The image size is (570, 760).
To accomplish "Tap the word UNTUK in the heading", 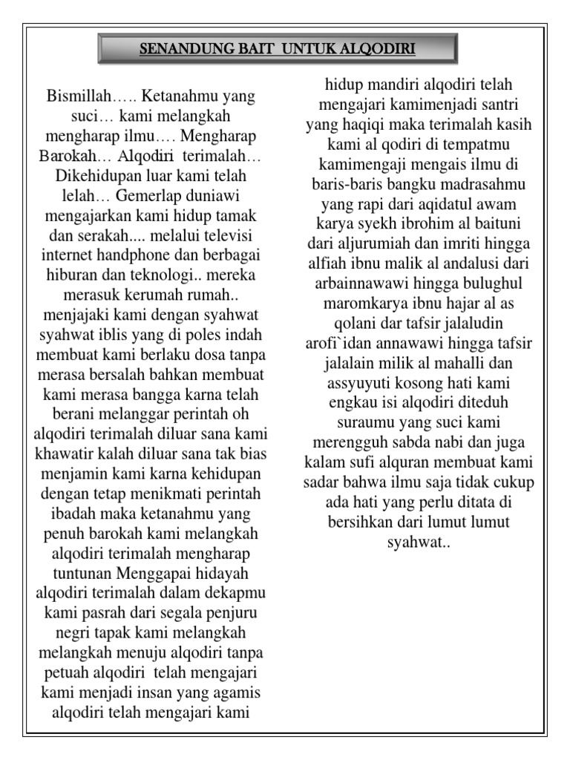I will click(x=315, y=50).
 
